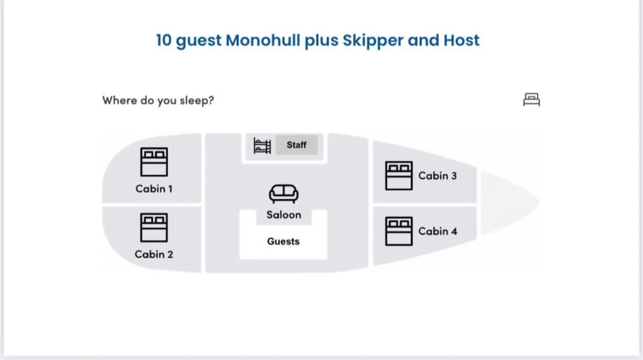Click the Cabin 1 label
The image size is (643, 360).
tap(154, 189)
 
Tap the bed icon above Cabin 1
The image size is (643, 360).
tap(154, 162)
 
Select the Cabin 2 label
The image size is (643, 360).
tap(154, 254)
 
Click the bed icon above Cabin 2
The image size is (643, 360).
tap(154, 228)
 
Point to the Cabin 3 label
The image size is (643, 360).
tap(437, 176)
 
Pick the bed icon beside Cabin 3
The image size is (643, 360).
tap(398, 175)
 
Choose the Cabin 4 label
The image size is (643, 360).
tap(437, 231)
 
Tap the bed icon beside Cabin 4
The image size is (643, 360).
tap(398, 231)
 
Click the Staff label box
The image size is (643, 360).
tap(296, 145)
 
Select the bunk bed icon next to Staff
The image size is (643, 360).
tap(262, 146)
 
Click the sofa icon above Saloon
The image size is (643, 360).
tap(284, 193)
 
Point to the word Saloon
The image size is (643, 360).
tap(284, 215)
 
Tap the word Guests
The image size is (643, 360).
tap(283, 241)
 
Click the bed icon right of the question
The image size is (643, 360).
tap(531, 99)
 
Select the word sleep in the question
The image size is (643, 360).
tap(195, 101)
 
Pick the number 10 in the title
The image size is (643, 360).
tap(164, 40)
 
